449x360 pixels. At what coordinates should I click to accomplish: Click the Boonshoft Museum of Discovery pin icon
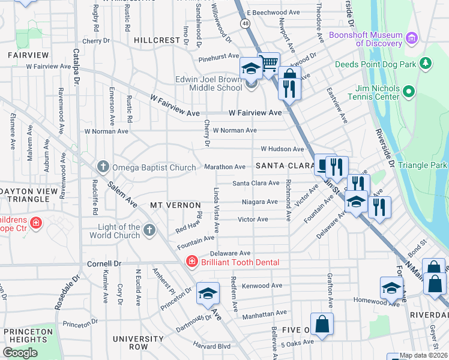point(412,40)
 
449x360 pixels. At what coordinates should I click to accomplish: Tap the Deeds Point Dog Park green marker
point(426,62)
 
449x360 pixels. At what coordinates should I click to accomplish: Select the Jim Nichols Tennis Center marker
point(409,92)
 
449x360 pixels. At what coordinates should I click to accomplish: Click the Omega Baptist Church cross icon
point(103,166)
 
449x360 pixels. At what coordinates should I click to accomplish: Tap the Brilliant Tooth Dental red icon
point(191,262)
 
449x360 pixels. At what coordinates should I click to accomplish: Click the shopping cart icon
point(269,63)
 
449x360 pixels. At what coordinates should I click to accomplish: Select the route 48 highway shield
point(246,23)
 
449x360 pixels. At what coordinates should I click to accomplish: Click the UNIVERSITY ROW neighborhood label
point(139,343)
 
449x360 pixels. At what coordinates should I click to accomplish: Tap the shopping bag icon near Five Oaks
point(322,324)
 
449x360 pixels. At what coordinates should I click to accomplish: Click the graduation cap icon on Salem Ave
point(208,293)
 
